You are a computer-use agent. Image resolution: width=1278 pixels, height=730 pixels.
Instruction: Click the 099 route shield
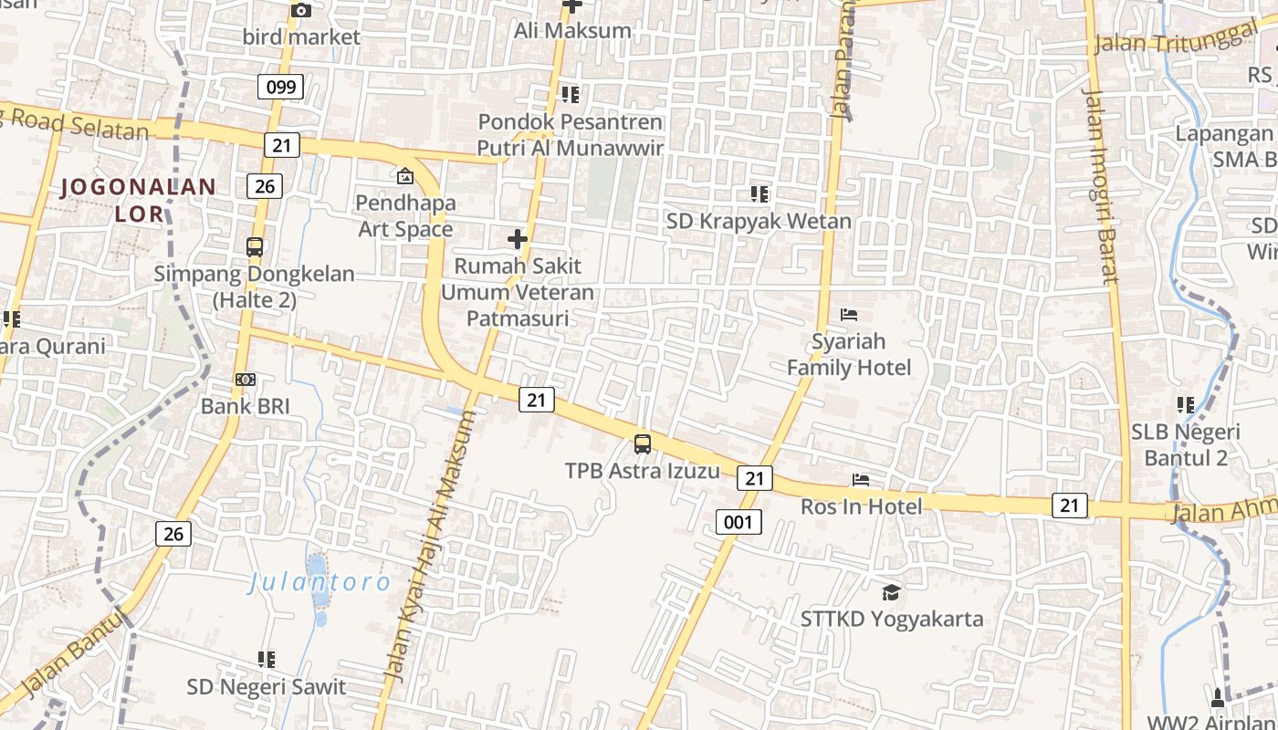click(x=280, y=88)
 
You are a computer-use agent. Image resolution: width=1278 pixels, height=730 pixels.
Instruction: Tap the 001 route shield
click(x=738, y=522)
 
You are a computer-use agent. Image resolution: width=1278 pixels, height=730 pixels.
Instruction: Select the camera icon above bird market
click(x=300, y=11)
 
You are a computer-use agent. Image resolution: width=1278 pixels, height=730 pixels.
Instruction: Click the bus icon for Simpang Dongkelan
click(x=255, y=246)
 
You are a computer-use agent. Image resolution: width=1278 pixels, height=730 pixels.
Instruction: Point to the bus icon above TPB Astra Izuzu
click(x=643, y=444)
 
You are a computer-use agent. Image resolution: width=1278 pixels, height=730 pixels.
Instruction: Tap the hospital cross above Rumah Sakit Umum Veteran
click(x=518, y=239)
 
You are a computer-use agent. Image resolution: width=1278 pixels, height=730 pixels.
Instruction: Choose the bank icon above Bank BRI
click(x=245, y=380)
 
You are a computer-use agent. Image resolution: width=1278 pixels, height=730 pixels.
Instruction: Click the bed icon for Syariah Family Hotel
click(x=849, y=316)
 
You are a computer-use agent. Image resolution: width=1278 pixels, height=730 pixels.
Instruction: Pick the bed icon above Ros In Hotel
click(x=860, y=480)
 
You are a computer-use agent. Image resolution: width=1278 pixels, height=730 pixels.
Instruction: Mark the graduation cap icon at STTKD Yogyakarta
click(x=891, y=593)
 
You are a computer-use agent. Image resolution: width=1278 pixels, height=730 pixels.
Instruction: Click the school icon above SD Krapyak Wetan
click(x=759, y=193)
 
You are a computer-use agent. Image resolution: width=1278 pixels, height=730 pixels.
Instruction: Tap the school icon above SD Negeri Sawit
click(x=267, y=659)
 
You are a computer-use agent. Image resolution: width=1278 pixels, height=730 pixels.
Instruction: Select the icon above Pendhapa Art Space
click(x=404, y=176)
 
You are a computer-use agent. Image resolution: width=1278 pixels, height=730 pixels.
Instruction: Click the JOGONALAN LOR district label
click(x=139, y=201)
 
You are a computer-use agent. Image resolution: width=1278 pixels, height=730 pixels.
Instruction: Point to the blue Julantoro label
click(x=319, y=582)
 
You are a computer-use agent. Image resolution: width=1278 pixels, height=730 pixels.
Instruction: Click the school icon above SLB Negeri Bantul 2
click(x=1186, y=404)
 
